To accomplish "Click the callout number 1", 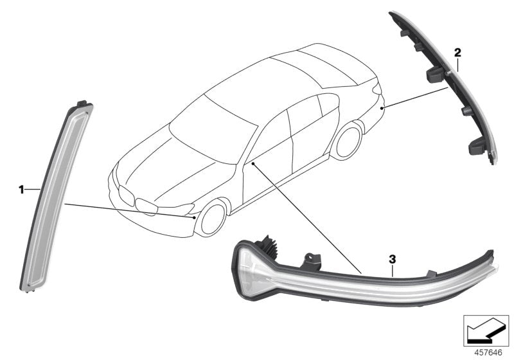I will [21, 190].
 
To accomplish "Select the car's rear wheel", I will [348, 141].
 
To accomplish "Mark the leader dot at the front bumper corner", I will [193, 218].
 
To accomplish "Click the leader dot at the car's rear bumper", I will [382, 109].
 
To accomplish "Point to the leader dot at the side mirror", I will [254, 164].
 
